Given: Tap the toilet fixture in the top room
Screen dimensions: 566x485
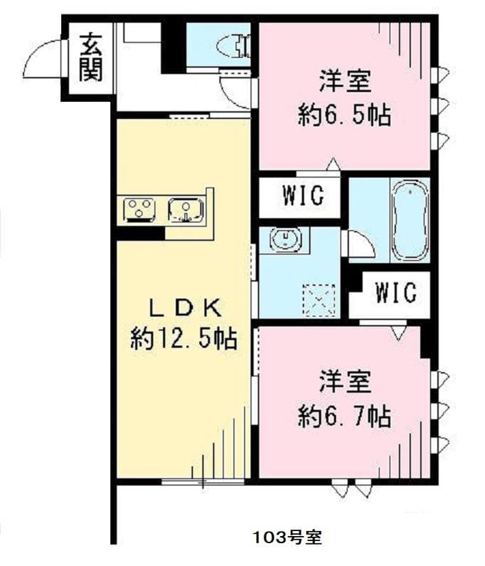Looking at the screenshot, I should point(236,46).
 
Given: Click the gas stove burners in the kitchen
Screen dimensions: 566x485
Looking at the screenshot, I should point(140,210).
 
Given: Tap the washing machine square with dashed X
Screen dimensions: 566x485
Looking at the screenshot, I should point(318,299).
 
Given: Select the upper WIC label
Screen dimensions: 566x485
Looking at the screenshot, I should point(302,195).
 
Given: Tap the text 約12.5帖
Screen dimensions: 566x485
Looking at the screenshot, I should point(184,339).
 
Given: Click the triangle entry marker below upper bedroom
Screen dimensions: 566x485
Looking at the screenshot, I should point(332,165).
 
